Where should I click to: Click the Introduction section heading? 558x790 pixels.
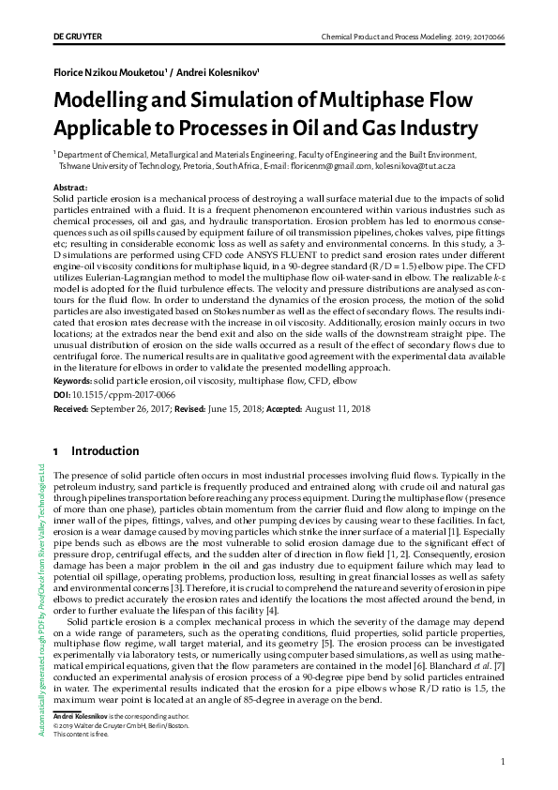tap(105, 451)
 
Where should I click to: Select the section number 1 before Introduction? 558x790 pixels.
tap(57, 451)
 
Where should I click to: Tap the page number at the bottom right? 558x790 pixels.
tap(504, 762)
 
